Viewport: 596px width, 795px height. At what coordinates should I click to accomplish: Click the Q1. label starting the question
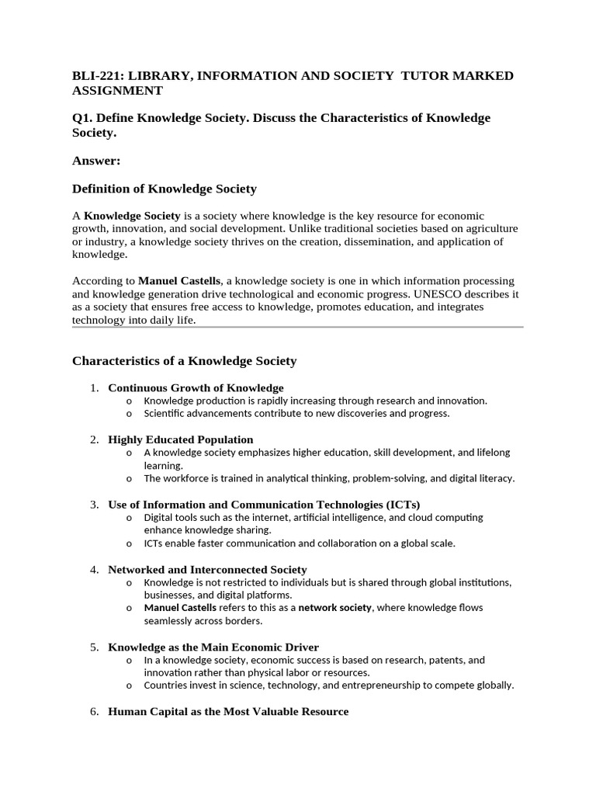[83, 118]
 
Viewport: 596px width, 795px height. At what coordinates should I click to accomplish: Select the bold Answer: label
[97, 161]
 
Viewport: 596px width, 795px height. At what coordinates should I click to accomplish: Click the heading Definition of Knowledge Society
[164, 189]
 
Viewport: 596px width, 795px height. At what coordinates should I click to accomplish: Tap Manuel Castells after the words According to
[178, 281]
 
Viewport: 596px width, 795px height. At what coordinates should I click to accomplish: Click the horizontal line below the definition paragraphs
[297, 327]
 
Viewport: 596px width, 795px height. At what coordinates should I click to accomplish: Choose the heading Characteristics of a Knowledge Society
[184, 361]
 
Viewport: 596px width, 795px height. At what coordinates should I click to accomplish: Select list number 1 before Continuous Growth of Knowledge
[93, 387]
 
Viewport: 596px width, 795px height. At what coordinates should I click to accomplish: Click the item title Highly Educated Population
[180, 439]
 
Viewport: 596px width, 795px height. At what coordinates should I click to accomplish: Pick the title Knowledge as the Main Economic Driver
[213, 647]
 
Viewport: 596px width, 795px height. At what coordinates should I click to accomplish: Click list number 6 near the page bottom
[93, 711]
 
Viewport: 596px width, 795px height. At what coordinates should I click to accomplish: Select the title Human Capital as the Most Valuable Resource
[228, 711]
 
